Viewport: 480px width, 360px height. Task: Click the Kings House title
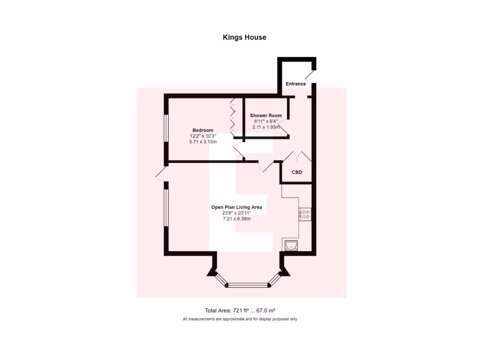coord(244,37)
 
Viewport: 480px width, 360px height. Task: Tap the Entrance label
coord(296,84)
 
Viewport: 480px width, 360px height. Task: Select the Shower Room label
coord(266,115)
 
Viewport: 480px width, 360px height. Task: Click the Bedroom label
coord(203,130)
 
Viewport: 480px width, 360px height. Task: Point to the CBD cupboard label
coord(297,172)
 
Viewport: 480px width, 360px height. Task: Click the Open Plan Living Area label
coord(236,207)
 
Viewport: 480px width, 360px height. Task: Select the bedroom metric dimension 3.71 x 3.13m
coord(203,142)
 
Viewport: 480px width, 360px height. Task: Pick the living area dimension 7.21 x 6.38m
coord(236,218)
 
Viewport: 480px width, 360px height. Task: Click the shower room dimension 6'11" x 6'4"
coord(266,121)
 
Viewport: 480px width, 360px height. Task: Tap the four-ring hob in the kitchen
coord(305,214)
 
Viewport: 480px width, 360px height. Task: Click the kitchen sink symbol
coord(291,245)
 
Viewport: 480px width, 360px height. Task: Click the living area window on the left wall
coord(165,208)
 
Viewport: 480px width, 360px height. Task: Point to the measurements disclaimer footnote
coord(240,319)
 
